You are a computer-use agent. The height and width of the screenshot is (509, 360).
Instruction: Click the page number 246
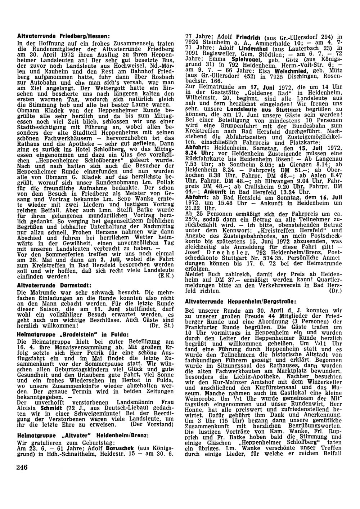22,468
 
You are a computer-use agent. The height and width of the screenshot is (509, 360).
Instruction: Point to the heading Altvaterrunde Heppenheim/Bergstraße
240,301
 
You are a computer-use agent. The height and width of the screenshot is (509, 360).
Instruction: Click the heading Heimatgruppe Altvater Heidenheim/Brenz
83,436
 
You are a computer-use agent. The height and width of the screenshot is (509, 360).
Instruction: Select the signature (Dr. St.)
162,326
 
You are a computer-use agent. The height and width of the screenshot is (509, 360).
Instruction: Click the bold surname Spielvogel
237,59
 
